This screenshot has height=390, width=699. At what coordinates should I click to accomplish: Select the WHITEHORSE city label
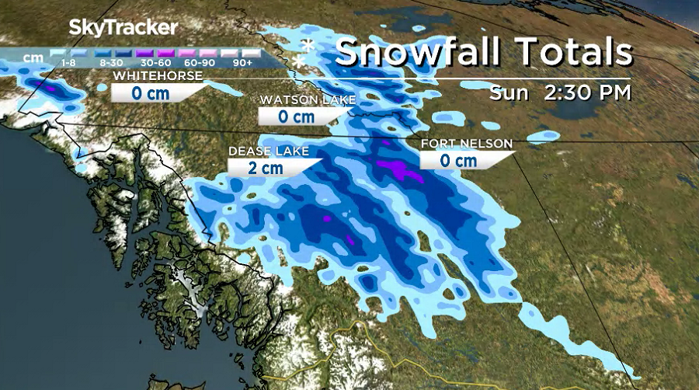click(158, 76)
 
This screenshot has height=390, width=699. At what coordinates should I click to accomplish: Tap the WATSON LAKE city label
click(308, 100)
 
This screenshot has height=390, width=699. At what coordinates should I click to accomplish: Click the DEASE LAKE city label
click(268, 151)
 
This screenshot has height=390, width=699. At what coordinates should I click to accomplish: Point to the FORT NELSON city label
click(467, 144)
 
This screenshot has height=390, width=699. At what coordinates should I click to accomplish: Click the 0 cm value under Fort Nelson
click(457, 160)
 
